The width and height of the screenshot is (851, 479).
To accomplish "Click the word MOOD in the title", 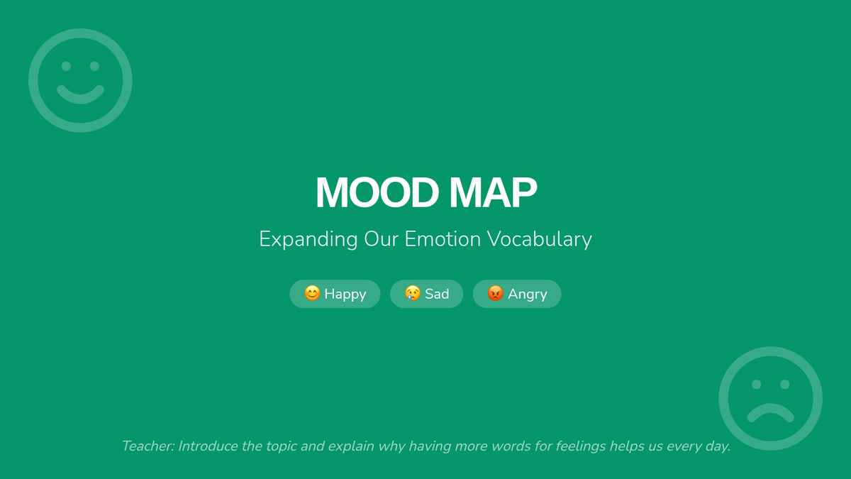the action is click(377, 192).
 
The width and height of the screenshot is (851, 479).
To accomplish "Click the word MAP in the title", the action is click(493, 192).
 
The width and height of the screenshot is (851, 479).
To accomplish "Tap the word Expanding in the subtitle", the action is click(308, 240).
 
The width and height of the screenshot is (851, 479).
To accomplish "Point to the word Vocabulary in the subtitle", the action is click(540, 240).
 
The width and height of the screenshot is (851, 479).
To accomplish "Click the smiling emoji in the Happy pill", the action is click(312, 293).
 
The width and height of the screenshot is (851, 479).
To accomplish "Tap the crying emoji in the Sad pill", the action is click(413, 293).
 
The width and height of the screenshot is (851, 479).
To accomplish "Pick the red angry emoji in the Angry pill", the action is click(496, 293).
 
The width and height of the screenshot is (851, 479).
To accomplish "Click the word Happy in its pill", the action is click(345, 294).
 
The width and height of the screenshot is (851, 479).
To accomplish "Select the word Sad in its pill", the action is click(437, 294).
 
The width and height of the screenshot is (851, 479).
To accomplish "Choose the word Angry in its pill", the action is click(528, 294).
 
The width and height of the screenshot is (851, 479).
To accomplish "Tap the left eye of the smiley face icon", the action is click(66, 66).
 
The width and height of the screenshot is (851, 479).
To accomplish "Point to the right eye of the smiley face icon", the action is click(94, 66).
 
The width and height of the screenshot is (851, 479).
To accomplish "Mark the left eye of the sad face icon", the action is click(757, 385).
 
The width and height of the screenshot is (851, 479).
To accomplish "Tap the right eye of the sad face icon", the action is click(785, 385).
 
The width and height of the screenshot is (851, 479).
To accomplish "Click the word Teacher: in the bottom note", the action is click(148, 446).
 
